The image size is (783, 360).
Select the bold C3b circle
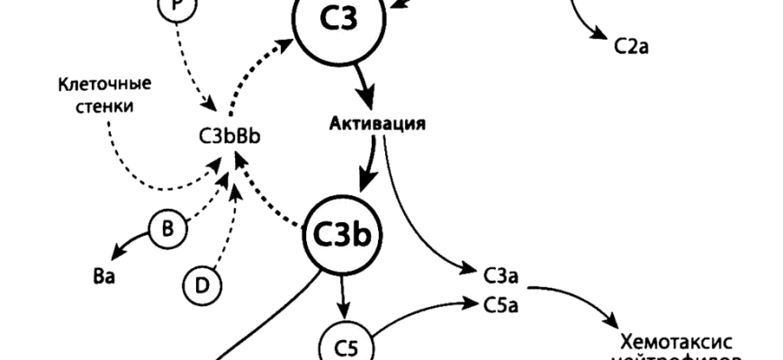(x=341, y=235)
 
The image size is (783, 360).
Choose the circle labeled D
(x=202, y=285)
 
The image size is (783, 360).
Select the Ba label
(x=103, y=275)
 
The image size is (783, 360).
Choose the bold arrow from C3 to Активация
(x=367, y=85)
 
